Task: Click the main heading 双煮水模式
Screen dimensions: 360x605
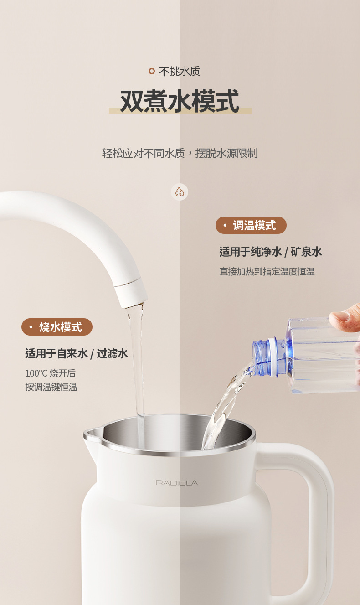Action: (180, 101)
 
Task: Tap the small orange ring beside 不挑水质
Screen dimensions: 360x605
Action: (152, 71)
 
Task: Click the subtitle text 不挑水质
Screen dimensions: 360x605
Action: (180, 72)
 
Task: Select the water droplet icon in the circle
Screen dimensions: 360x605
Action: (180, 192)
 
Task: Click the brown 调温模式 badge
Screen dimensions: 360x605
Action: (251, 225)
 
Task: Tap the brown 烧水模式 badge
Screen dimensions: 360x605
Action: (57, 327)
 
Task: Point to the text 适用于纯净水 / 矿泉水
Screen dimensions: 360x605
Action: (270, 252)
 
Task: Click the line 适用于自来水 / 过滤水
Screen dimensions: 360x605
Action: (77, 353)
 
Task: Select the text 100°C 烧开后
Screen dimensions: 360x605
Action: (51, 373)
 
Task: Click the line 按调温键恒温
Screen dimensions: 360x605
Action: (51, 387)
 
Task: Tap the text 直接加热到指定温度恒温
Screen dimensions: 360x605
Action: (267, 271)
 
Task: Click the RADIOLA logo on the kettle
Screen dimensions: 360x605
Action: (177, 483)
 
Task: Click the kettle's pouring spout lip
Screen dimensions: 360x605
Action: (92, 434)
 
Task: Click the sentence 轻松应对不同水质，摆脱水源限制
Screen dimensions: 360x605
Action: (180, 153)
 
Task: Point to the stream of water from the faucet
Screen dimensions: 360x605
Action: (138, 373)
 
